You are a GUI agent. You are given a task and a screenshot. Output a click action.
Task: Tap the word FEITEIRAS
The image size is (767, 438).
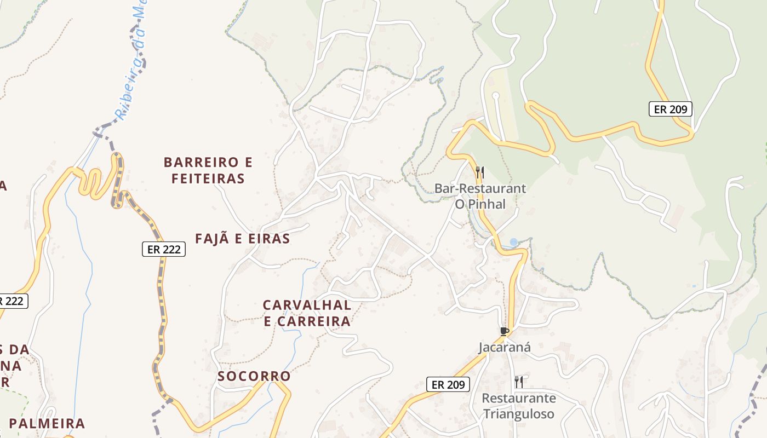click(x=208, y=178)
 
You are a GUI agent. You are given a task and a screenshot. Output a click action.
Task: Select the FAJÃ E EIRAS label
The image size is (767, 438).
click(x=242, y=239)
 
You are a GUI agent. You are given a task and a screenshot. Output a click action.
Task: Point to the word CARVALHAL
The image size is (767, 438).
click(x=307, y=305)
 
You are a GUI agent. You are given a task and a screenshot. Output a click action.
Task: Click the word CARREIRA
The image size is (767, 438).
click(x=314, y=321)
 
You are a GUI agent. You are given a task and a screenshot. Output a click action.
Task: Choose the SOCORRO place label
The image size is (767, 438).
click(x=254, y=376)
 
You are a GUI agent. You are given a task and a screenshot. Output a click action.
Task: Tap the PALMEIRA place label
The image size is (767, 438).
click(x=47, y=423)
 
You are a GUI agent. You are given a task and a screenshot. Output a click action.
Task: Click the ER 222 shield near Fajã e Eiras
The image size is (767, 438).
click(x=163, y=249)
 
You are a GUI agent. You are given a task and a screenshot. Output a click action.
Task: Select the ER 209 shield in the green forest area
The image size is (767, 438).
click(x=671, y=109)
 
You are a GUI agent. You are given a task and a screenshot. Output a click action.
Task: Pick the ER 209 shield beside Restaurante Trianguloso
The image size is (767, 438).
click(x=448, y=384)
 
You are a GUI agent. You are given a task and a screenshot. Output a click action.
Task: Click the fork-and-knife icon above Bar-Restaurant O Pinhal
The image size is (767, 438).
click(x=479, y=172)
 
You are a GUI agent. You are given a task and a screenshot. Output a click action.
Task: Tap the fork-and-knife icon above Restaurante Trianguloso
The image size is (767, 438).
click(x=518, y=382)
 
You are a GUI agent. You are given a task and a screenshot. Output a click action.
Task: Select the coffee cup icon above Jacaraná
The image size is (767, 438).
click(x=505, y=331)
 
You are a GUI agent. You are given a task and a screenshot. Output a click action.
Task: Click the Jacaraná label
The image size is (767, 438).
click(x=505, y=347)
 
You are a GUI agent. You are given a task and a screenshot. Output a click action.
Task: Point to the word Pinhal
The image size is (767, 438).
click(x=486, y=204)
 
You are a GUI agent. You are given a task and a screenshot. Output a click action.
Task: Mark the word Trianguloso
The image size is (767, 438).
click(x=518, y=414)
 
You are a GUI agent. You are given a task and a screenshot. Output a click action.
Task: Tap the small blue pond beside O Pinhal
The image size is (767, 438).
click(x=513, y=242)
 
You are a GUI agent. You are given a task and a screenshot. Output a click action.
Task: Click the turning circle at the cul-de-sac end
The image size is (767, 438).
click(x=496, y=95)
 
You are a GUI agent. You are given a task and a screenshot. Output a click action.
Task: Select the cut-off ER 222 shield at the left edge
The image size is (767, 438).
click(x=12, y=301)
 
